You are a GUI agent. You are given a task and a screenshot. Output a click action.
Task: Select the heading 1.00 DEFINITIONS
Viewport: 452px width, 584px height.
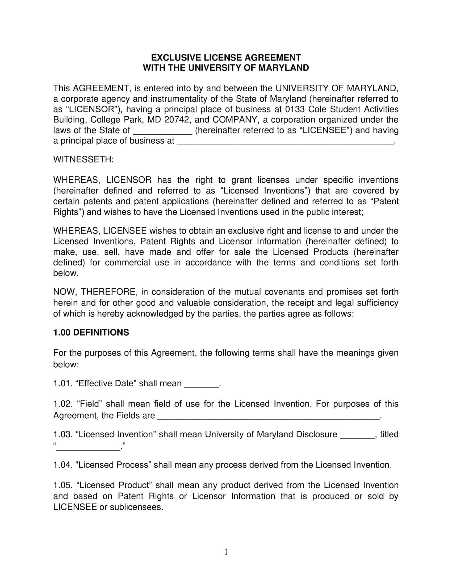[91, 332]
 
